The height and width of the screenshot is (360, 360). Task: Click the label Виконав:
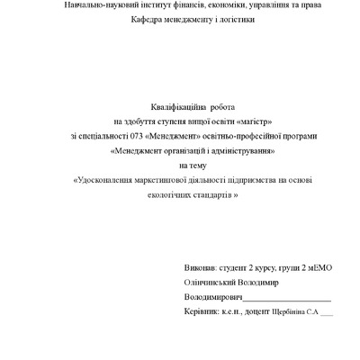(199, 267)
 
